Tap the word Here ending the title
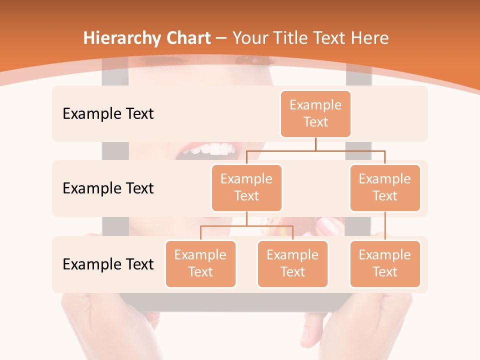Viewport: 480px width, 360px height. (x=369, y=38)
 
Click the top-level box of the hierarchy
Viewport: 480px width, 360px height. (x=315, y=114)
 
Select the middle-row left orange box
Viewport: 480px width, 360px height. (x=246, y=187)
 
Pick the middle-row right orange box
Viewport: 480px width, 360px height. (x=385, y=187)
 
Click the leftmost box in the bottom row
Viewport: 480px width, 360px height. (x=200, y=263)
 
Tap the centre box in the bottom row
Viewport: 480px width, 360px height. (x=292, y=263)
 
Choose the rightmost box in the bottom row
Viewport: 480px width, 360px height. (x=385, y=263)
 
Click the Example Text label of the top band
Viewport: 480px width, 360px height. (x=108, y=114)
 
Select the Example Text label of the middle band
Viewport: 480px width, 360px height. (x=108, y=188)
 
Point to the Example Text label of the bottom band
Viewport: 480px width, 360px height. (x=108, y=264)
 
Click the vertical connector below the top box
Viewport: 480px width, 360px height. (x=315, y=144)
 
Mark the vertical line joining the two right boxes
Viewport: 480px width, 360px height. (x=385, y=226)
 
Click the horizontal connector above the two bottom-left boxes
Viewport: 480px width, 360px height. (x=246, y=226)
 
